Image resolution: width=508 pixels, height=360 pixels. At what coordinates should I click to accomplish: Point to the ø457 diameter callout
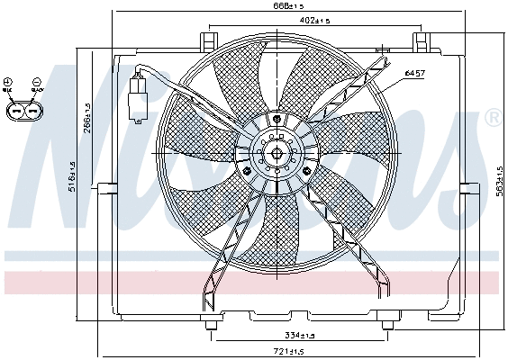point(414,72)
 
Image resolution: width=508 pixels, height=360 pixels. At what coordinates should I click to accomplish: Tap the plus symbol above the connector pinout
point(8,83)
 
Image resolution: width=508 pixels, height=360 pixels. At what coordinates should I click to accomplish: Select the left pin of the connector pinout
point(15,110)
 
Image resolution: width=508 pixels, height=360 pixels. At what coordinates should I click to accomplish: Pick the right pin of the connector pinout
point(32,110)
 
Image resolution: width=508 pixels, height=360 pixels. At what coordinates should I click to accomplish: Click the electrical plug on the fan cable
point(140,95)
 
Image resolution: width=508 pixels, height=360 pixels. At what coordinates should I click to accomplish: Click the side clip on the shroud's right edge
point(467,187)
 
